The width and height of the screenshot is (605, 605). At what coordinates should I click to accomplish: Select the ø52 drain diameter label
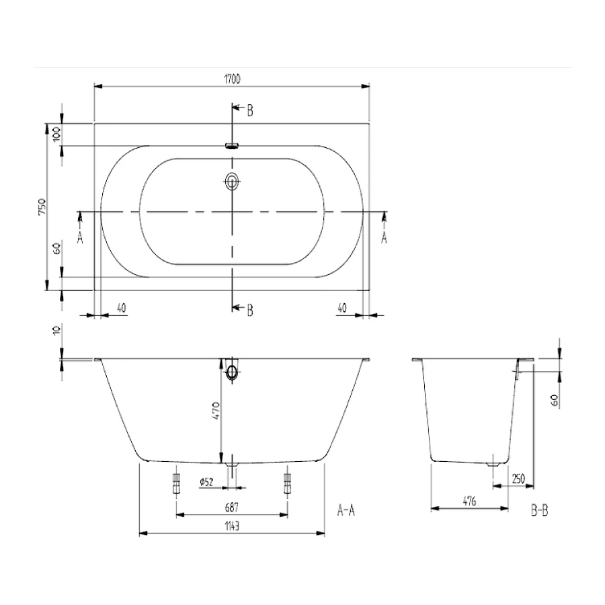click(x=206, y=481)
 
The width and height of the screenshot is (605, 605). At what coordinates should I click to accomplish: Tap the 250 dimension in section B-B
click(x=518, y=479)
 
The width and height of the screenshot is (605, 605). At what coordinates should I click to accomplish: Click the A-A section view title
click(x=346, y=512)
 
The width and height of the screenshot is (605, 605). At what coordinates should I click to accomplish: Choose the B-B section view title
click(x=539, y=512)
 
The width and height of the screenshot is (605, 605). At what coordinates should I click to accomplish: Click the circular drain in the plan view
click(x=232, y=181)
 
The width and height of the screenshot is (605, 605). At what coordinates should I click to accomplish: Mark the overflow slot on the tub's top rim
click(x=232, y=145)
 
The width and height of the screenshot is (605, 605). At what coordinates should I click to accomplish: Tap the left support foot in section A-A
click(x=177, y=482)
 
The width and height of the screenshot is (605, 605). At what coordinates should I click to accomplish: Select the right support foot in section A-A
click(x=288, y=482)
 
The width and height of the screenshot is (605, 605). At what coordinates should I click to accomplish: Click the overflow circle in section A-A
click(x=233, y=372)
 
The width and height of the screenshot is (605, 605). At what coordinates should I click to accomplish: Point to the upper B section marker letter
click(x=249, y=111)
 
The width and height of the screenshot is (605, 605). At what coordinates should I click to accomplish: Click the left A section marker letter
click(x=80, y=237)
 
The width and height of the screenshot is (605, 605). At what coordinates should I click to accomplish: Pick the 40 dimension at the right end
click(x=341, y=308)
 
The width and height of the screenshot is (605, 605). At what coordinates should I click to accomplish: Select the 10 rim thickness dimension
click(x=56, y=330)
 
